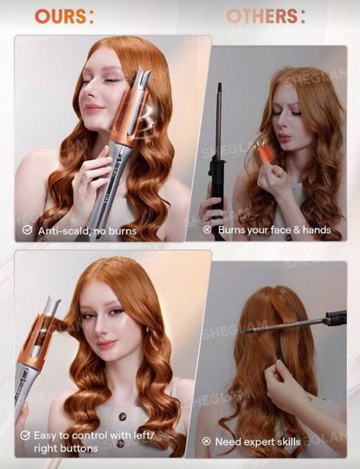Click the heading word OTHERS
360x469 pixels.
(x=260, y=16)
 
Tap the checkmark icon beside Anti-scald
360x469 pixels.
(x=28, y=229)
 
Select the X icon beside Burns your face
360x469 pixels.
(x=207, y=229)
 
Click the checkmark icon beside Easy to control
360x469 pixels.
(x=25, y=435)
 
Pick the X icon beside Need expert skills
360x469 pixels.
(x=207, y=441)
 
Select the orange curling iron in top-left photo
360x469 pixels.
(x=130, y=130)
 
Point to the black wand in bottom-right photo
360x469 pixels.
(x=294, y=323)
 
